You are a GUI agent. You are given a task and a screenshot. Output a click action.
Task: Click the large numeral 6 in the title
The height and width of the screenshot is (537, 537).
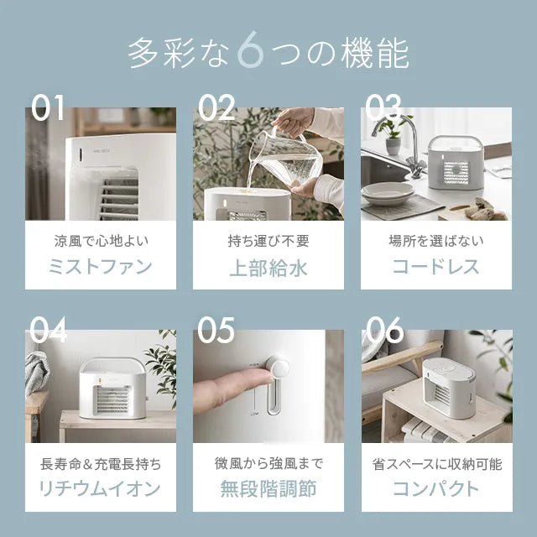250,50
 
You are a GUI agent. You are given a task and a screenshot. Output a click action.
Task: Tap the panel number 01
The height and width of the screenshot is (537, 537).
48,107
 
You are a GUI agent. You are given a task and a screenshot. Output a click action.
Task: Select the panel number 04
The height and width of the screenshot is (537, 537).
48,329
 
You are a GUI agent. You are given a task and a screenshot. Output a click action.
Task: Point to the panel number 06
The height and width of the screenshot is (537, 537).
385,330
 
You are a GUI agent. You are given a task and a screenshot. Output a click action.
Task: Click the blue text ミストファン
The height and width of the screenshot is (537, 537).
101,266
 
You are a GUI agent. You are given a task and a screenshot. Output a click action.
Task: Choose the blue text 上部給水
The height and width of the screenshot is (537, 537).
268,268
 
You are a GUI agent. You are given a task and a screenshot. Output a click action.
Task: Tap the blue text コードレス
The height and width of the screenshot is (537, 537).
436,266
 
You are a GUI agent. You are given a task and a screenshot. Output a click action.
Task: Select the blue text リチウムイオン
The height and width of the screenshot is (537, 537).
100,487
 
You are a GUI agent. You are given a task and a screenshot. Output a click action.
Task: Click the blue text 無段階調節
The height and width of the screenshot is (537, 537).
268,488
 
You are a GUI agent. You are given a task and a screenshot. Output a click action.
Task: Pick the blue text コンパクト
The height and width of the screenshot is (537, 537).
436,487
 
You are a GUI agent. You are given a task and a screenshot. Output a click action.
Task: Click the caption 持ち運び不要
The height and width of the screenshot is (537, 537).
268,241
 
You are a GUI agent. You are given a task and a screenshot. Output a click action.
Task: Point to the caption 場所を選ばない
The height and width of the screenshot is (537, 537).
436,241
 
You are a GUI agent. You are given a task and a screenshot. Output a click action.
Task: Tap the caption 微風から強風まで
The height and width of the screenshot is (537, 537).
268,463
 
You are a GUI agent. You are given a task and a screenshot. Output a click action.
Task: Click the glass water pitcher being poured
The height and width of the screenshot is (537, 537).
285,156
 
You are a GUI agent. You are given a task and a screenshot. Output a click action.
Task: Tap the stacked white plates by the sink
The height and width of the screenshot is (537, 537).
388,194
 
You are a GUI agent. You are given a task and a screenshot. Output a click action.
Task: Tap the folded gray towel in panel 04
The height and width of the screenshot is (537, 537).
36,372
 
